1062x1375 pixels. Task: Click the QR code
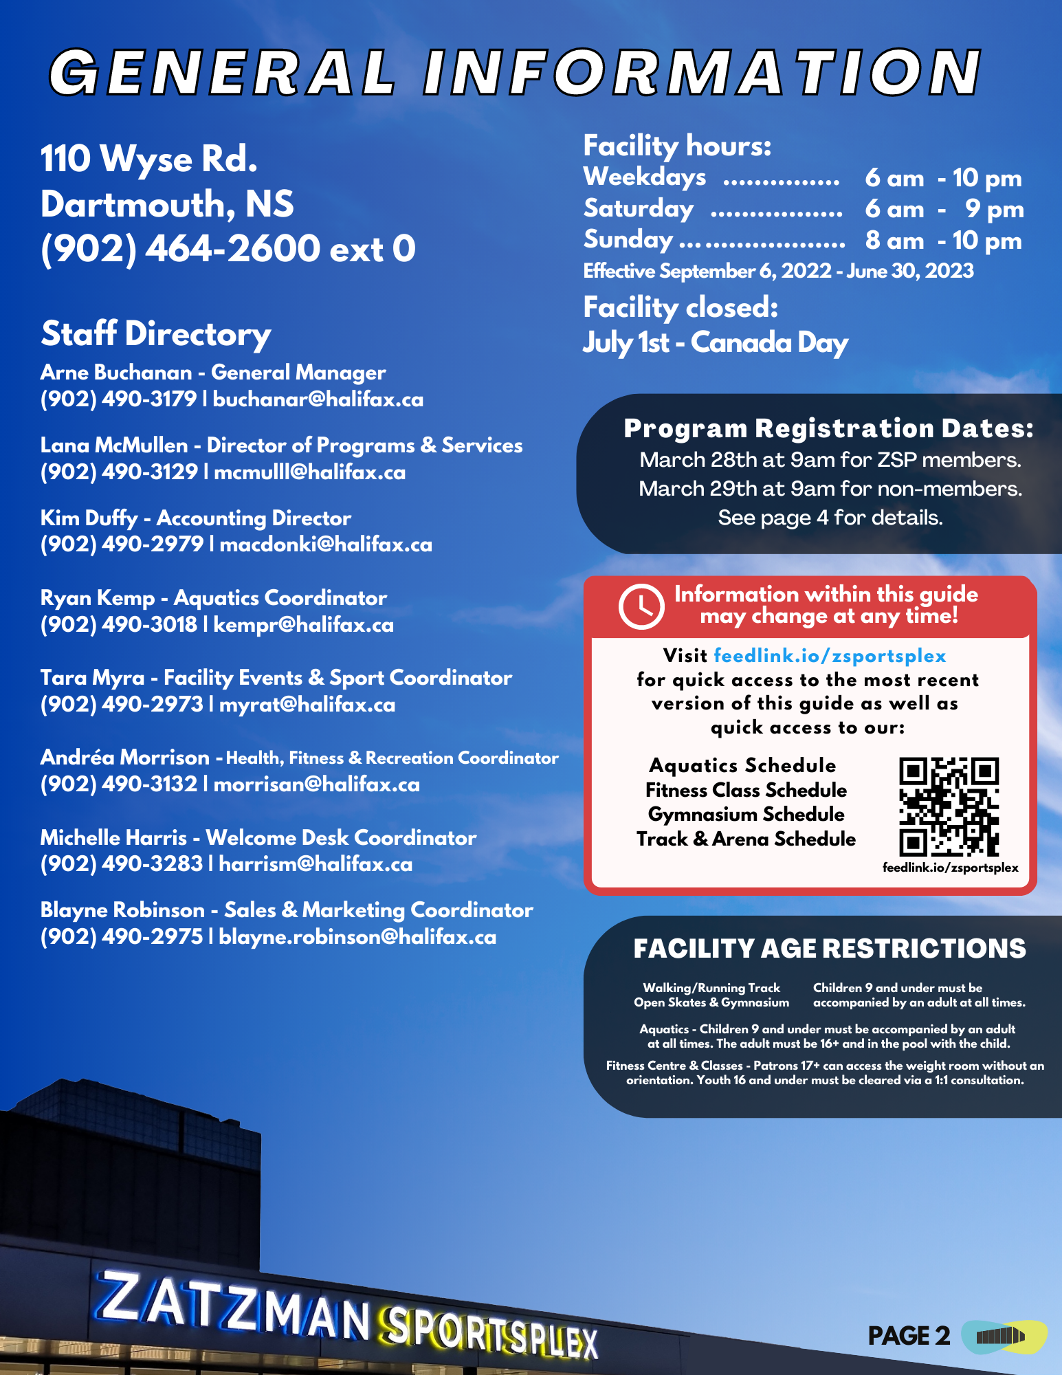[x=949, y=806]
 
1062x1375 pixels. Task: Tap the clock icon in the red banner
[x=641, y=606]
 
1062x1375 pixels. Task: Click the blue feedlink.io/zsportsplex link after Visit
[x=830, y=656]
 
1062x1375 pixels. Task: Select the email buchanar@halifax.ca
[x=318, y=399]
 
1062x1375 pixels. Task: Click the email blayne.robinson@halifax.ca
[x=357, y=937]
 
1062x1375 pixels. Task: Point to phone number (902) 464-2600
[x=180, y=249]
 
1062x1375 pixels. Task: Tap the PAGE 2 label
[x=909, y=1336]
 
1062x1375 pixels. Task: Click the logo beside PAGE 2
[x=1003, y=1336]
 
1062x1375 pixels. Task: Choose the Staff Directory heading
[x=156, y=334]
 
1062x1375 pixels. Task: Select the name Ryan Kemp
[x=97, y=598]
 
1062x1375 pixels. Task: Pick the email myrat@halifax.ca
[x=307, y=705]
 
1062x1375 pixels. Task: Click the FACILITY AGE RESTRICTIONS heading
[x=829, y=949]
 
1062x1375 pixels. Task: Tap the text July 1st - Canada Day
[x=715, y=342]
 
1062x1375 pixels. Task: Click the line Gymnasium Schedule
[x=746, y=815]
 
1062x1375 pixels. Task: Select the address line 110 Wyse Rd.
[x=149, y=159]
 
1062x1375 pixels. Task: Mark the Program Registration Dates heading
[x=828, y=428]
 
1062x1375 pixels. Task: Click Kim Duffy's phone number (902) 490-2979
[x=122, y=544]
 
